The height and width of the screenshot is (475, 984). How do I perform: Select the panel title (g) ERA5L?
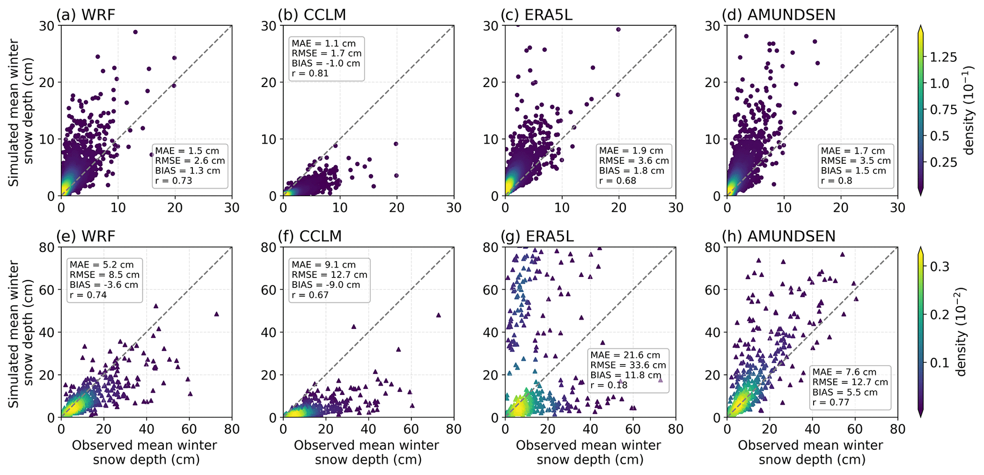click(x=537, y=236)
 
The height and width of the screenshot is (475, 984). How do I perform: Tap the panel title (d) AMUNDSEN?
click(x=779, y=15)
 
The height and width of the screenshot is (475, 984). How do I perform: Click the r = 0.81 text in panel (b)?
click(x=310, y=73)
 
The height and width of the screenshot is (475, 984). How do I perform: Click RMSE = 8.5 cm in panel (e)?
click(x=105, y=275)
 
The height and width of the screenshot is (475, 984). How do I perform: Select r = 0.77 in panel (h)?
click(x=831, y=403)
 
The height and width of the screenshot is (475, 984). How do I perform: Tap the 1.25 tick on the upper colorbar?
click(x=944, y=58)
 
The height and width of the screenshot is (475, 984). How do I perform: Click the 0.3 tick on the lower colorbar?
click(x=940, y=267)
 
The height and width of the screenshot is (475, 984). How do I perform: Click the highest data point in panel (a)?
click(x=135, y=32)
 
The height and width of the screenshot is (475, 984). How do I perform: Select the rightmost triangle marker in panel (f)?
click(x=438, y=315)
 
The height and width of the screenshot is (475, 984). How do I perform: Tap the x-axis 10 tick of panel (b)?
click(x=340, y=208)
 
